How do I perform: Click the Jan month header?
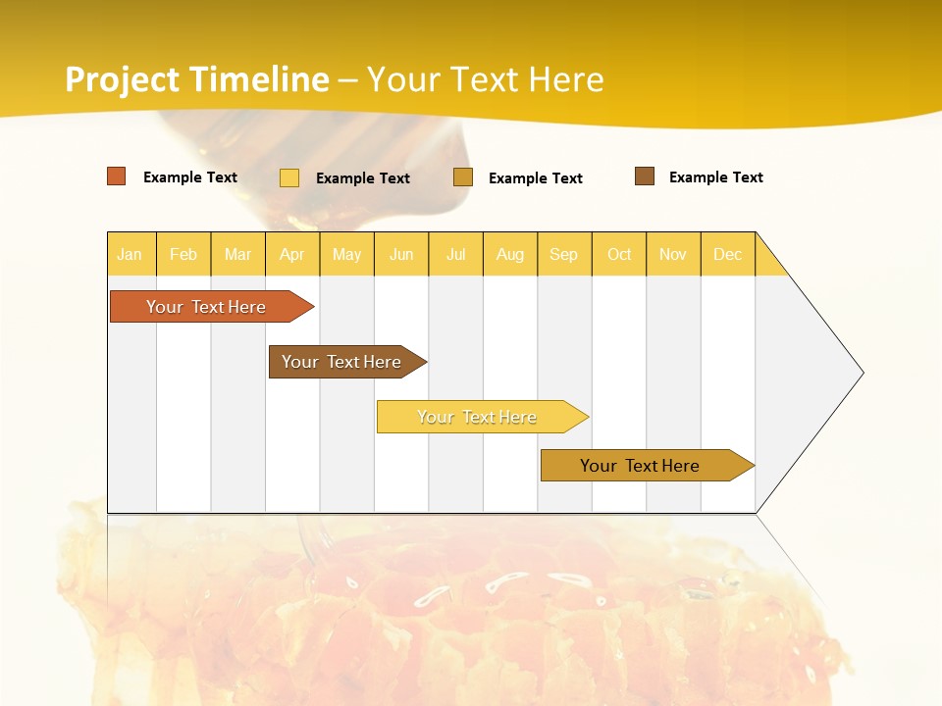tap(130, 254)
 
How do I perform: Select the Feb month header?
tap(183, 254)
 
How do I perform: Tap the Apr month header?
tap(292, 254)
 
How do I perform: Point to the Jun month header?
tap(401, 254)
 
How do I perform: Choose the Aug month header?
tap(510, 254)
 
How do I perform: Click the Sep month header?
tap(564, 254)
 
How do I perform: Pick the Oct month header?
tap(619, 254)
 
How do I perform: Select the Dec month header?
tap(728, 254)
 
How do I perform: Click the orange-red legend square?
tap(117, 176)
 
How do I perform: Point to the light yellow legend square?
tap(289, 177)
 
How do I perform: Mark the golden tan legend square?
tap(463, 177)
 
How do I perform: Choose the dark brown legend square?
tap(645, 176)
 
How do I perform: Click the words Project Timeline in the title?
tap(196, 79)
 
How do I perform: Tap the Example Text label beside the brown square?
tap(715, 177)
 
